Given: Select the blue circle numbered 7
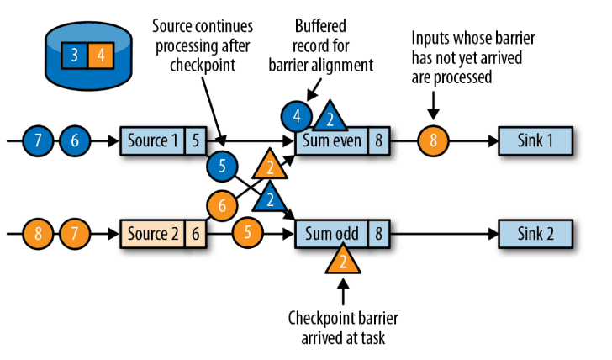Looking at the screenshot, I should pos(37,141).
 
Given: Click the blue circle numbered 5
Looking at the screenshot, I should pos(222,166).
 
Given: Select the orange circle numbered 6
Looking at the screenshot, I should pos(222,204).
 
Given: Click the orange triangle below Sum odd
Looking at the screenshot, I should pos(343,261).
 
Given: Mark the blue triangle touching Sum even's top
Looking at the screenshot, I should pos(330,116).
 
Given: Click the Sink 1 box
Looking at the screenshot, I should pos(536,140).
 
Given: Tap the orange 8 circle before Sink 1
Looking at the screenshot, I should pos(434,141).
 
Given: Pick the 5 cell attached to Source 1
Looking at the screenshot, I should pos(194,140).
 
